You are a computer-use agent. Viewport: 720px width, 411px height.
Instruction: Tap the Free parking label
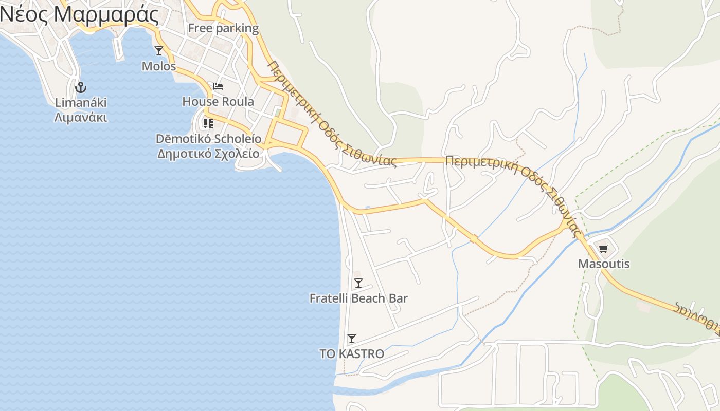pos(223,28)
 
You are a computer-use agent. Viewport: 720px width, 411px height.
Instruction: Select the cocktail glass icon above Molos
pos(159,50)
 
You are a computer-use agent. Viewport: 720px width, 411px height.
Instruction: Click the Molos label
pos(159,66)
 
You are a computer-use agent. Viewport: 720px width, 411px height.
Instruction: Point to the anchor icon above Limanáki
pos(81,87)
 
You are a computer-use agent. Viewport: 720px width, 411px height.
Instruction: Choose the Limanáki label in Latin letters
pos(81,102)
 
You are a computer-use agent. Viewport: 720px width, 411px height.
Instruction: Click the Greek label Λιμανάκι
pos(81,118)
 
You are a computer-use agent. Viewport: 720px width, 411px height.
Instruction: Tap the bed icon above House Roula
pos(218,86)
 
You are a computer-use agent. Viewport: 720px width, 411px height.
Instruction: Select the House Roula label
pos(218,102)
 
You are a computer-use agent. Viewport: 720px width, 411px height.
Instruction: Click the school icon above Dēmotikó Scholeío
pos(208,123)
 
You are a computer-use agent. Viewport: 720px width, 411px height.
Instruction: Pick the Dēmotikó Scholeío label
pos(208,139)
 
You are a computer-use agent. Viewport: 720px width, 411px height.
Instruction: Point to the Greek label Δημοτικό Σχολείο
pos(208,153)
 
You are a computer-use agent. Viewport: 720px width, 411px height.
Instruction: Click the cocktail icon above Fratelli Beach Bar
pos(358,283)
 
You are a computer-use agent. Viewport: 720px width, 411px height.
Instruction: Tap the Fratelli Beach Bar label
pos(358,298)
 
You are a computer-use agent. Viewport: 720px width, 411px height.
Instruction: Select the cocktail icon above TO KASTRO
pos(352,338)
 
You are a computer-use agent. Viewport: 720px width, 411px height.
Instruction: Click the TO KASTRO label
pos(352,354)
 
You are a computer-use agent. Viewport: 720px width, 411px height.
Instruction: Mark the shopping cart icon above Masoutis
pos(604,249)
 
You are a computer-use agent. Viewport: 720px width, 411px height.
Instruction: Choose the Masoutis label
pos(604,264)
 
